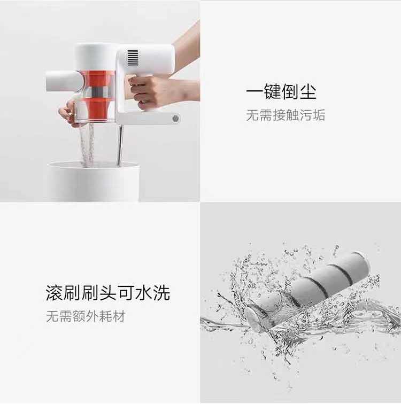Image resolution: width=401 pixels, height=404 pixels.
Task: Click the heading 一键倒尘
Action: pyautogui.click(x=281, y=91)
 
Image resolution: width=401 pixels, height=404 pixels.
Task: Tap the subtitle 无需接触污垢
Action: pyautogui.click(x=286, y=115)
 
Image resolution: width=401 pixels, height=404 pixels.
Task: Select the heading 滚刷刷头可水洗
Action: pyautogui.click(x=108, y=293)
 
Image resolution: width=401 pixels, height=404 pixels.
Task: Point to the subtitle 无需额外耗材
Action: pyautogui.click(x=86, y=316)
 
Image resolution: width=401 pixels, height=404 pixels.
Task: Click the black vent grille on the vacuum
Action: pyautogui.click(x=132, y=58)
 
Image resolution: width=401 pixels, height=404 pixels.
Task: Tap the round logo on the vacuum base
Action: pyautogui.click(x=175, y=119)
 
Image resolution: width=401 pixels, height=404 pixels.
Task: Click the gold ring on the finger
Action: pyautogui.click(x=70, y=114)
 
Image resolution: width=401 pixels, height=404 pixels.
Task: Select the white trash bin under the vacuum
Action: pyautogui.click(x=95, y=181)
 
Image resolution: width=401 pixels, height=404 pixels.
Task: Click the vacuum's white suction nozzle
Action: pyautogui.click(x=62, y=81)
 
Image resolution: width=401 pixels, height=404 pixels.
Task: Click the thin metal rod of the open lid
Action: pyautogui.click(x=120, y=144)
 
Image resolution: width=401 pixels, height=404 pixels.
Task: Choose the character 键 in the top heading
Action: pyautogui.click(x=272, y=91)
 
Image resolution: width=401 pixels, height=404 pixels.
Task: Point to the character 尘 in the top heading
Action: pyautogui.click(x=308, y=91)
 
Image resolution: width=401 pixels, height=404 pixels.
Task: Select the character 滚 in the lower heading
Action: pyautogui.click(x=55, y=293)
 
